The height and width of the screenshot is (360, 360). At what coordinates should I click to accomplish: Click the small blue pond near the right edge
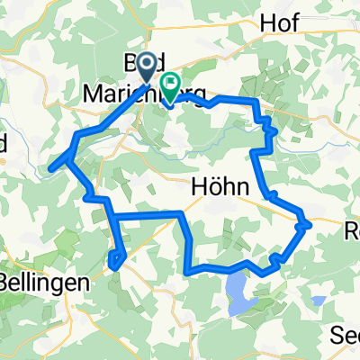pos(318,300)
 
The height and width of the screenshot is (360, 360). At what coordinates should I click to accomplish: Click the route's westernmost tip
pos(50,166)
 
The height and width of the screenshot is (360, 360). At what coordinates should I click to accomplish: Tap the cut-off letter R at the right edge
pos(355,229)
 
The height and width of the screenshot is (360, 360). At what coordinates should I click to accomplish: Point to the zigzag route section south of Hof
pos(266,135)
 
